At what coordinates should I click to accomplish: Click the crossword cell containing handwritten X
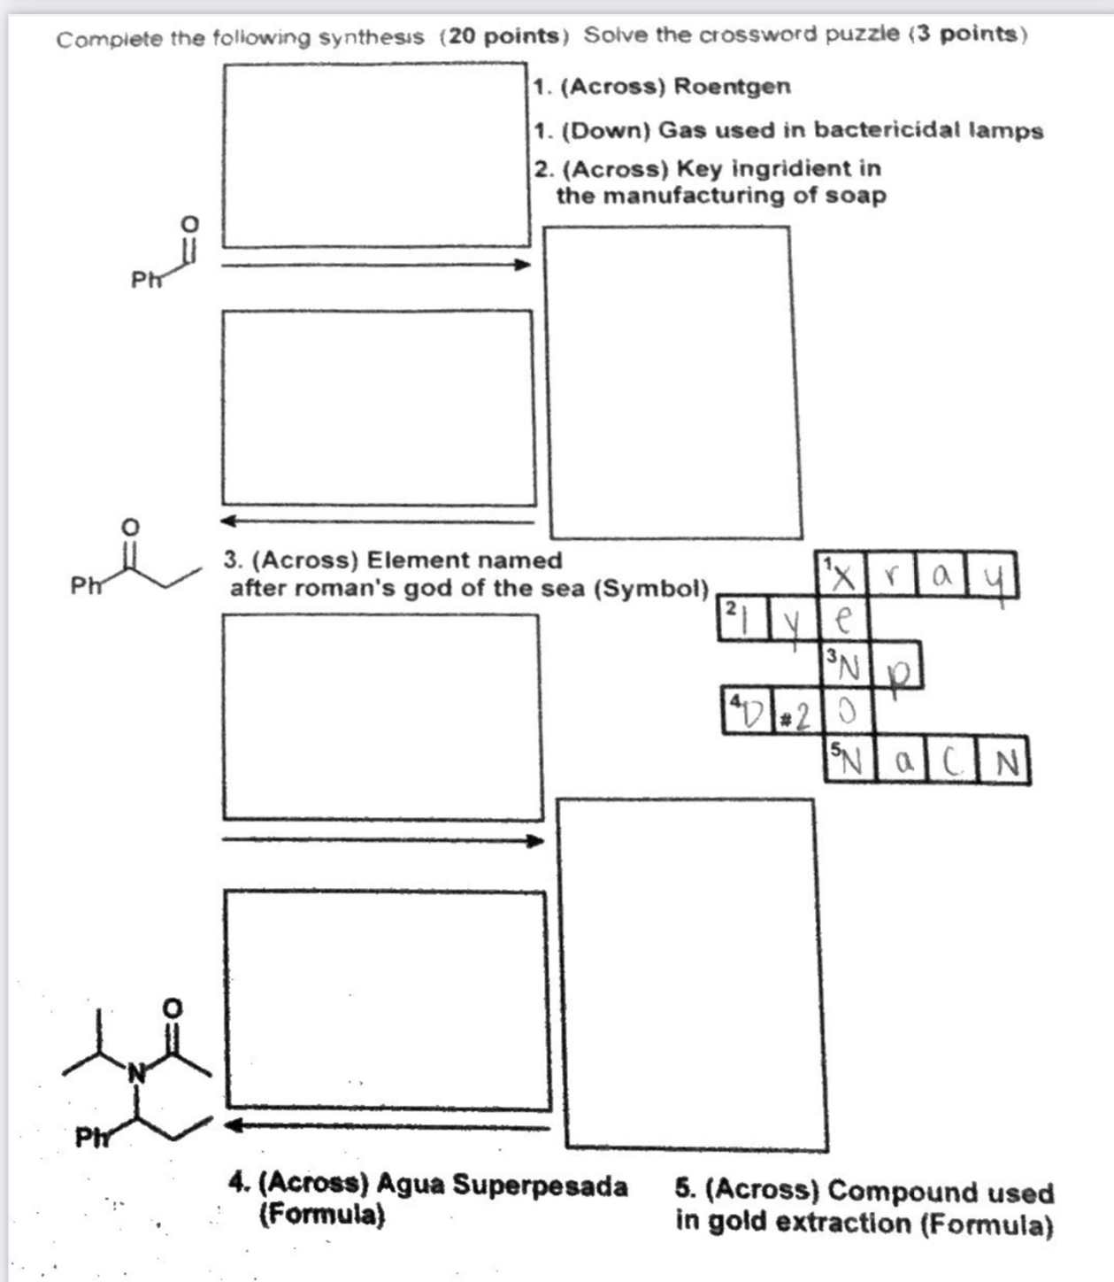[844, 575]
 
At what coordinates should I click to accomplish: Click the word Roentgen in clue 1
[733, 87]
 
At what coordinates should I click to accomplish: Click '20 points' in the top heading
[504, 36]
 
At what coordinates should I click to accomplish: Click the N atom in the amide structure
[136, 1074]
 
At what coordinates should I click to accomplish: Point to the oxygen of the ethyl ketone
[130, 527]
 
